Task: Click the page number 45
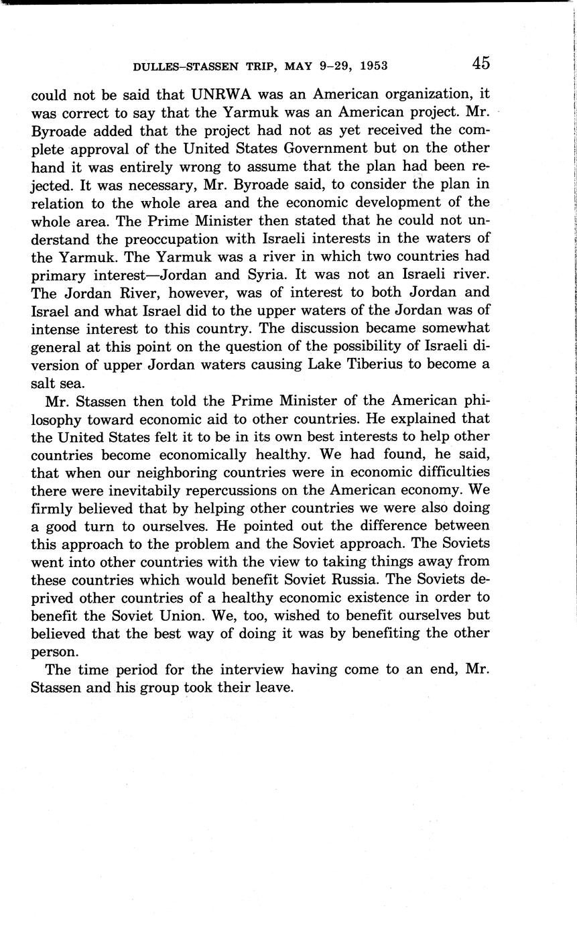(480, 64)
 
